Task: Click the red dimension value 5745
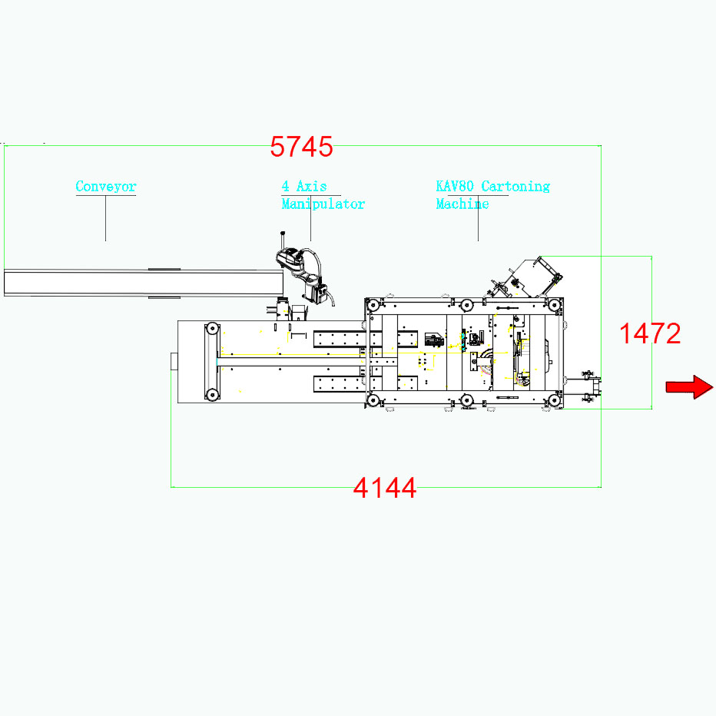301,147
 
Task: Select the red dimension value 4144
385,488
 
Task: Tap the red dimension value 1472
650,333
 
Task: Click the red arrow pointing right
689,387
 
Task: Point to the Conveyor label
106,187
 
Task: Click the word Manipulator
323,204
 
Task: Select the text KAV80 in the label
455,187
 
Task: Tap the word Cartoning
515,187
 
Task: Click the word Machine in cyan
462,204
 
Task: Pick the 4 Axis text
304,187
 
